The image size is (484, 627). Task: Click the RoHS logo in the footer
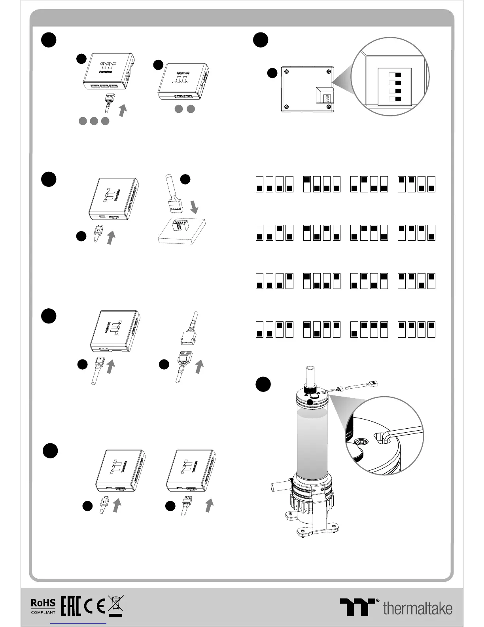(43, 603)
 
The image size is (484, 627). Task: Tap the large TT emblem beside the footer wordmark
(357, 607)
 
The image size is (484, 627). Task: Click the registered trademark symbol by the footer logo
(377, 600)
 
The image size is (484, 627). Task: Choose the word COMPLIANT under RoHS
(43, 612)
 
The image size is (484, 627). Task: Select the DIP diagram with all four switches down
(274, 184)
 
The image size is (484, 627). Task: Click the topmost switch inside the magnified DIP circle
(395, 75)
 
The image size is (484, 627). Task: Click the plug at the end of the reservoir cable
(373, 384)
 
